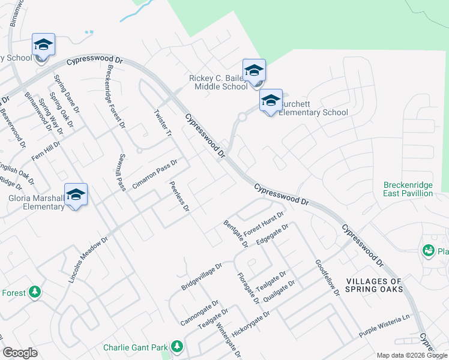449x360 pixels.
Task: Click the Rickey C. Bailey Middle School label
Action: pos(218,82)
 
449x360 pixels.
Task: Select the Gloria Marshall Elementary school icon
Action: pos(76,194)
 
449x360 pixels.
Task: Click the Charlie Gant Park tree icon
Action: pos(176,347)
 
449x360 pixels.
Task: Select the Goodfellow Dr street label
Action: pos(327,277)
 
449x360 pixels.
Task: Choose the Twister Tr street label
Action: pos(163,124)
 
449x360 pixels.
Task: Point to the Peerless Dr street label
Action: pos(179,197)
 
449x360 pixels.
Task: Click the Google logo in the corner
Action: pos(20,353)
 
